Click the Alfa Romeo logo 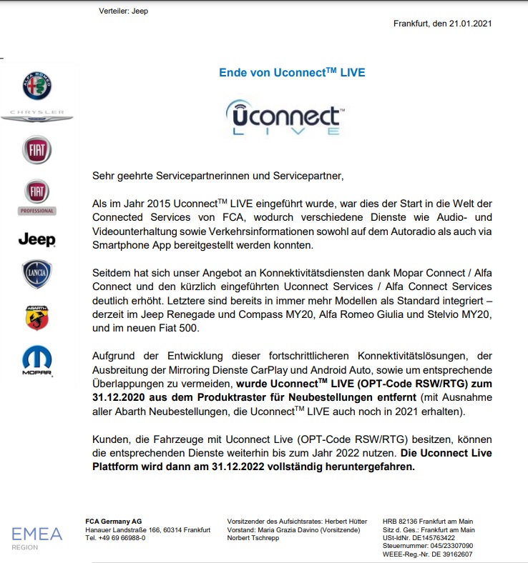click(36, 86)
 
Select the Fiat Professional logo click(36, 197)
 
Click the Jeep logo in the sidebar click(36, 239)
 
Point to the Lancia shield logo click(36, 274)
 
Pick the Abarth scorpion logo click(36, 317)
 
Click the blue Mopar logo click(36, 361)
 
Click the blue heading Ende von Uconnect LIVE click(292, 72)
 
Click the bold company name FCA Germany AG click(113, 521)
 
